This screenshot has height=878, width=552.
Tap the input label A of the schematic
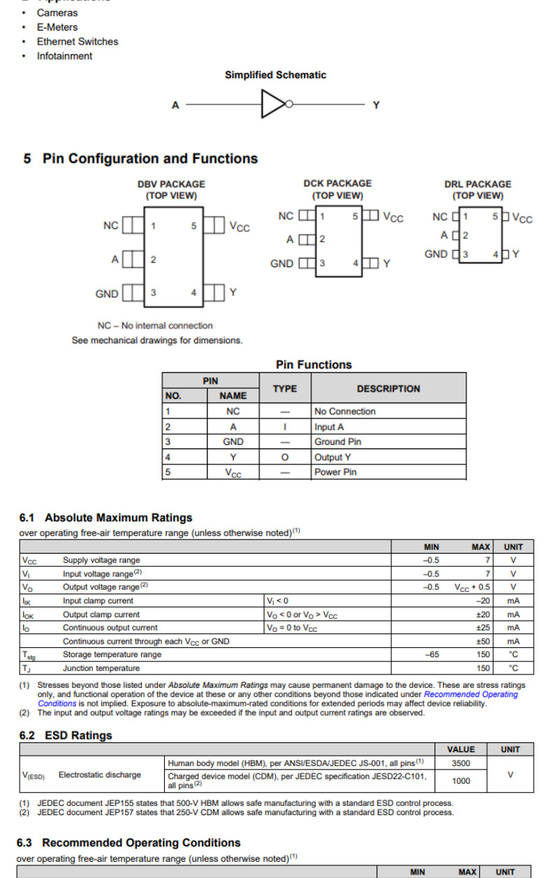click(175, 106)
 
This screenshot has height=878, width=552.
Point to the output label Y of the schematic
click(376, 105)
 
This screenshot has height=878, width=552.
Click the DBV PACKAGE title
click(171, 184)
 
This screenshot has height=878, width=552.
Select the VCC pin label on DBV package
click(239, 227)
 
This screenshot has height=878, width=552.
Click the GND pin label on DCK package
click(282, 264)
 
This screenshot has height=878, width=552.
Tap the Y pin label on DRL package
click(516, 254)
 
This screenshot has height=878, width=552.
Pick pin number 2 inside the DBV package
click(153, 259)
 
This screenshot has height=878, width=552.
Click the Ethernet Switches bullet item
click(78, 41)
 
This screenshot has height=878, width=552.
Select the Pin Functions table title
click(314, 364)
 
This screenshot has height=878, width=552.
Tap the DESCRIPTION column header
click(388, 389)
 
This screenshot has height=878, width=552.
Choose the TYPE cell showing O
click(284, 457)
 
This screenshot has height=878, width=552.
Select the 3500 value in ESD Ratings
click(460, 764)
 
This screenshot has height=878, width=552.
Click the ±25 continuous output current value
click(482, 628)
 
